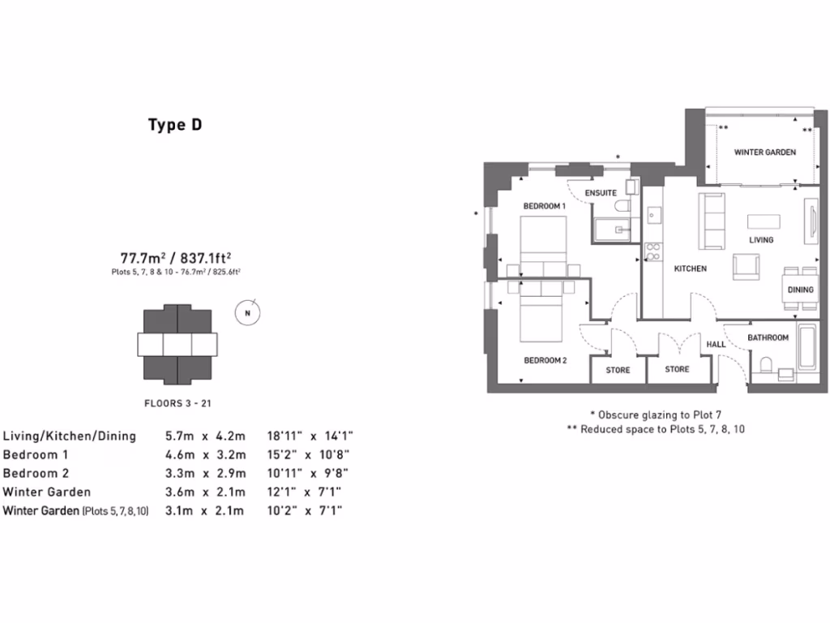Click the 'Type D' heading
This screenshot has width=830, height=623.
click(x=174, y=125)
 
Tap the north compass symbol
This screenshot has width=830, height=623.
click(x=249, y=313)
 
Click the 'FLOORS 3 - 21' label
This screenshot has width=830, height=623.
click(x=177, y=402)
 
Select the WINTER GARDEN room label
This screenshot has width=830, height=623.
click(x=764, y=152)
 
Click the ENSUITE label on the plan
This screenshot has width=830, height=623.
click(x=601, y=193)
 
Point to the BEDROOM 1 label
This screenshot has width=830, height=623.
click(x=544, y=207)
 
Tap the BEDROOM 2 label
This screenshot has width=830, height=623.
click(x=545, y=360)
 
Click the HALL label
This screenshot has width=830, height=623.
click(x=716, y=345)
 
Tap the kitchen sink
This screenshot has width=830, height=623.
click(x=653, y=215)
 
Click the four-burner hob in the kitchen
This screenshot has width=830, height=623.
click(x=652, y=251)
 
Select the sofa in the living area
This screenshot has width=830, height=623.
click(x=713, y=221)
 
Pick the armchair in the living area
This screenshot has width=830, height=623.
click(x=746, y=266)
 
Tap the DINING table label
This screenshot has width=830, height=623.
click(x=801, y=290)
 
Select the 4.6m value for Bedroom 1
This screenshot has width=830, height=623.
click(x=180, y=455)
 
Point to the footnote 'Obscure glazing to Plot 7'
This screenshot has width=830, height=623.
click(x=655, y=413)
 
